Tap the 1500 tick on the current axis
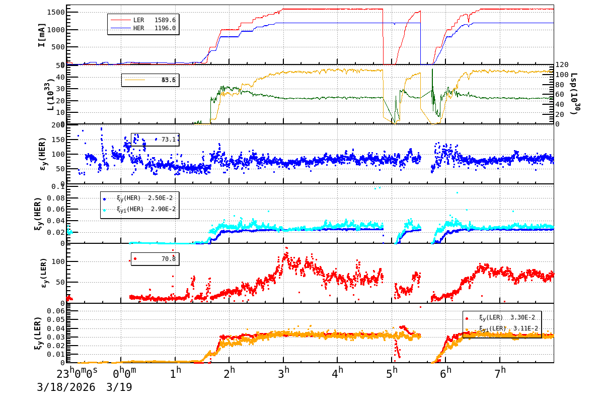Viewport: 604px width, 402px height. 55,12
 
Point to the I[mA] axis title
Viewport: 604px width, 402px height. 42,35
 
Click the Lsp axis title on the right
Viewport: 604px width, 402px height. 574,94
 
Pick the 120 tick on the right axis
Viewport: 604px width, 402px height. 562,64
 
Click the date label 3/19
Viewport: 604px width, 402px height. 119,387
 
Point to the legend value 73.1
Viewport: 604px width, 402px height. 168,139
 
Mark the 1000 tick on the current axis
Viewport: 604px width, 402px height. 55,30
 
